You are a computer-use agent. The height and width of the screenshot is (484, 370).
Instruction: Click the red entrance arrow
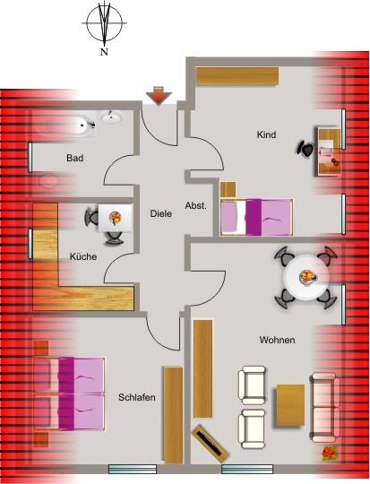tap(159, 96)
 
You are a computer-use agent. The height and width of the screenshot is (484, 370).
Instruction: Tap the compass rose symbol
tap(104, 23)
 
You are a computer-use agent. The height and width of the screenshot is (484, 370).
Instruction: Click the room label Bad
tap(75, 158)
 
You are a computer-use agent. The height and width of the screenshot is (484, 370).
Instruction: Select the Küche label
tap(83, 256)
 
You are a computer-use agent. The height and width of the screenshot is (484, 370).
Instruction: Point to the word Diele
tap(160, 213)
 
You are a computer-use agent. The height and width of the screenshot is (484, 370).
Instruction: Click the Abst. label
tap(195, 206)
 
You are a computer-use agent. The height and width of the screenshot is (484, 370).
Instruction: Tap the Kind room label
tap(266, 134)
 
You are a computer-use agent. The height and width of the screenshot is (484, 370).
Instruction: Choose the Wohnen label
tap(277, 340)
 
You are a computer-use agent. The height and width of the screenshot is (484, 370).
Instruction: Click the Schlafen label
tap(137, 397)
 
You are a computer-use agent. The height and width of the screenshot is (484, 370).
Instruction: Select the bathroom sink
tap(111, 117)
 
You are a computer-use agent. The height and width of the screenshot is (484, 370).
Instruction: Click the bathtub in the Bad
tap(65, 125)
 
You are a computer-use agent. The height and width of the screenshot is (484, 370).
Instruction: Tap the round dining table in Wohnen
tap(306, 277)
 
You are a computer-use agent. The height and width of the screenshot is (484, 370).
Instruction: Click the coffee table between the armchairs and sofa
tap(290, 405)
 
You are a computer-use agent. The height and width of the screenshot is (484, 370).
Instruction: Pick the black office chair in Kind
tap(305, 149)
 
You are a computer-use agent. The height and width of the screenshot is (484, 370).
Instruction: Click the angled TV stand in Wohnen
tap(211, 444)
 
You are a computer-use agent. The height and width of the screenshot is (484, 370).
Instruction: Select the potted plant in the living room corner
tap(330, 454)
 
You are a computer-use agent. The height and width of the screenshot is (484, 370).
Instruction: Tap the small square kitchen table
tap(116, 218)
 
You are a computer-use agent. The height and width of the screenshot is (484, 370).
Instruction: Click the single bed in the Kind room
tap(256, 217)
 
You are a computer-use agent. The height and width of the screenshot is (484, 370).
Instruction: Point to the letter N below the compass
tap(104, 52)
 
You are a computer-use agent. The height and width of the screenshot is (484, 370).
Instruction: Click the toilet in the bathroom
tap(47, 181)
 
